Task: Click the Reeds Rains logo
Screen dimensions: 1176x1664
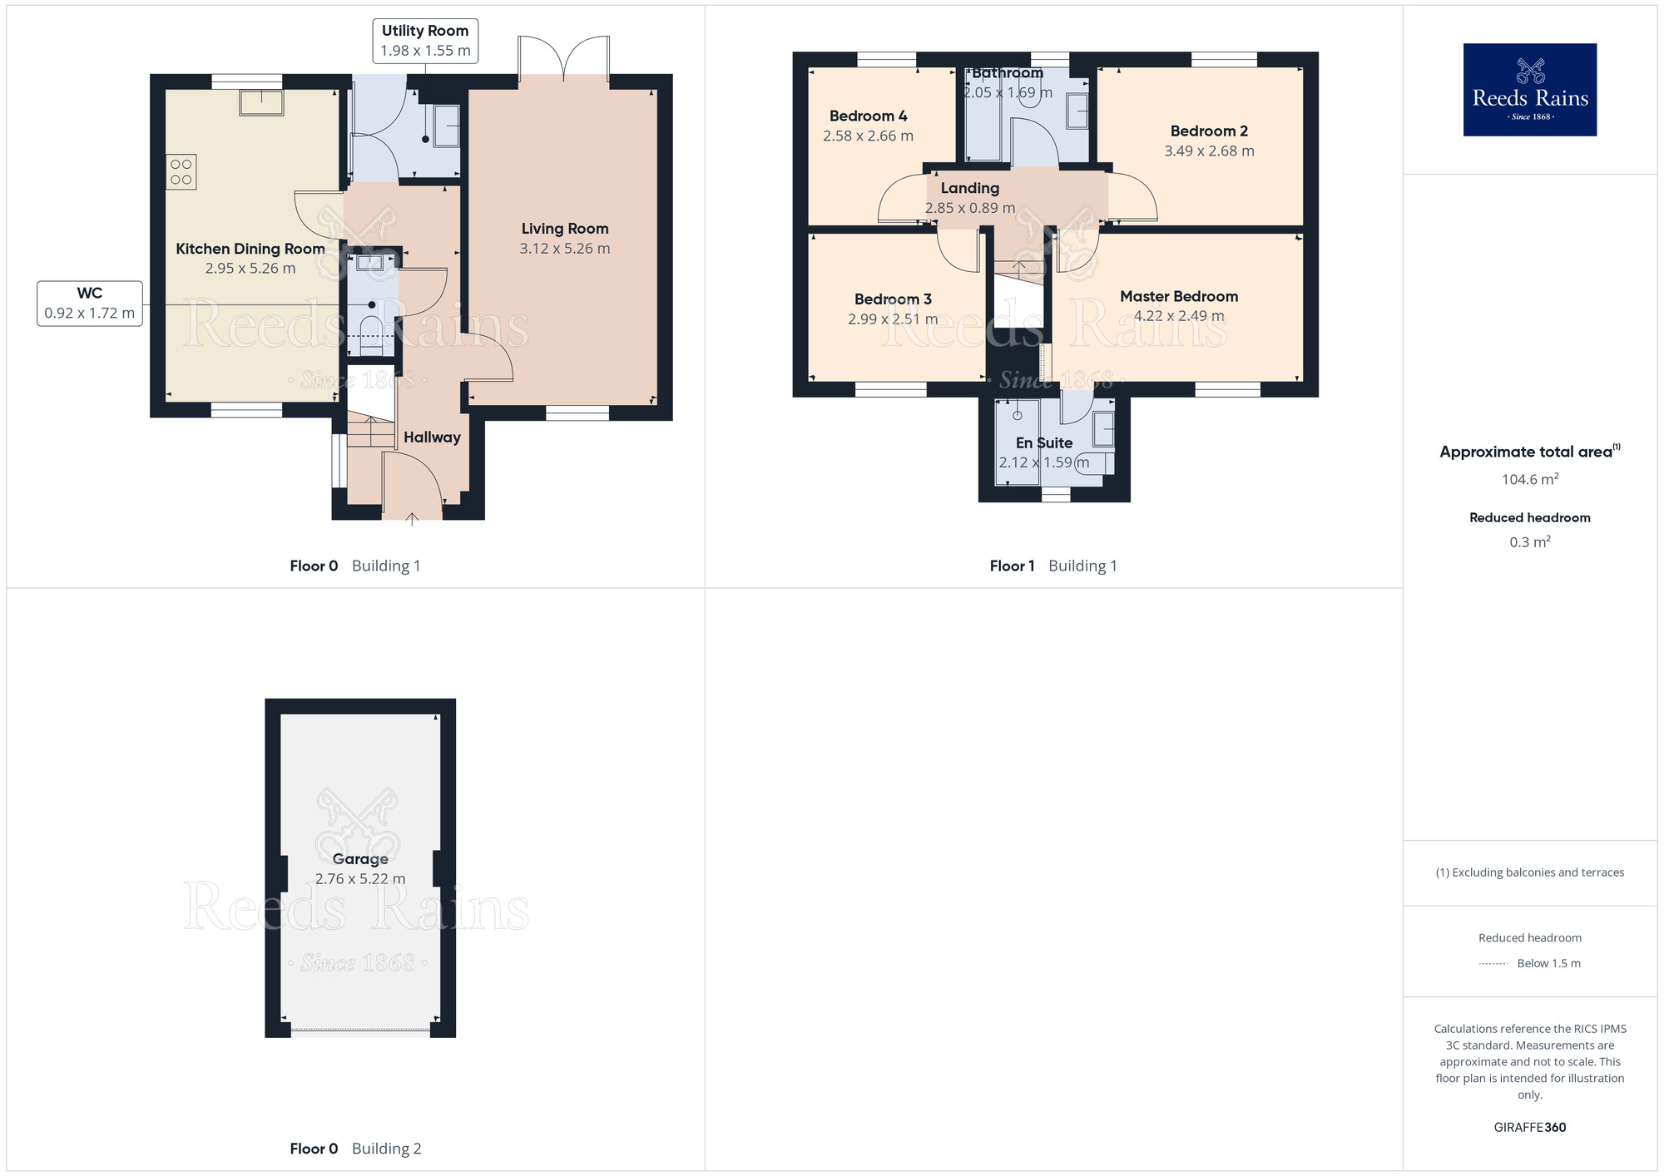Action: (1529, 90)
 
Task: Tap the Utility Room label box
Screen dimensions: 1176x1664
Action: (425, 40)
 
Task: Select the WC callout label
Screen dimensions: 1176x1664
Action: (90, 303)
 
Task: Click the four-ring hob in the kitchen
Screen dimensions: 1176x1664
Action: (181, 172)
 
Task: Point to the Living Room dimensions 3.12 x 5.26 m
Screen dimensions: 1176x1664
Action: (565, 249)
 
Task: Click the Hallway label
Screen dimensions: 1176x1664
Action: (432, 437)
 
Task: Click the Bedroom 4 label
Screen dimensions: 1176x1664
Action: (868, 116)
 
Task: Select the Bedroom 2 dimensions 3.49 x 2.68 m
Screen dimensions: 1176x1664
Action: (1209, 151)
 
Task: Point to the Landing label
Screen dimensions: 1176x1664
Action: (969, 189)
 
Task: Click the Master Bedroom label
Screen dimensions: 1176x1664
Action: (1178, 296)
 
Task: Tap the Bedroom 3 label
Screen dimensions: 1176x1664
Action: (893, 299)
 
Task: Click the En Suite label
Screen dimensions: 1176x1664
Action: (1043, 443)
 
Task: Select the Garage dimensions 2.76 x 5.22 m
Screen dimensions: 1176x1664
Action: (360, 879)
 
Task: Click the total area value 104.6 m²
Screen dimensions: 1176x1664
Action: (1529, 479)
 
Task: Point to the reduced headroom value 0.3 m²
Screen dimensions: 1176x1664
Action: (1529, 542)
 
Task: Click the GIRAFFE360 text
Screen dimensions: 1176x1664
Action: (1529, 1128)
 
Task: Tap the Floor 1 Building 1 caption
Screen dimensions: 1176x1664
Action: (1052, 566)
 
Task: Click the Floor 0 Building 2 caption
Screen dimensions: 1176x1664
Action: (355, 1149)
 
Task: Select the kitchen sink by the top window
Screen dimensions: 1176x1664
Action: (261, 103)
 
